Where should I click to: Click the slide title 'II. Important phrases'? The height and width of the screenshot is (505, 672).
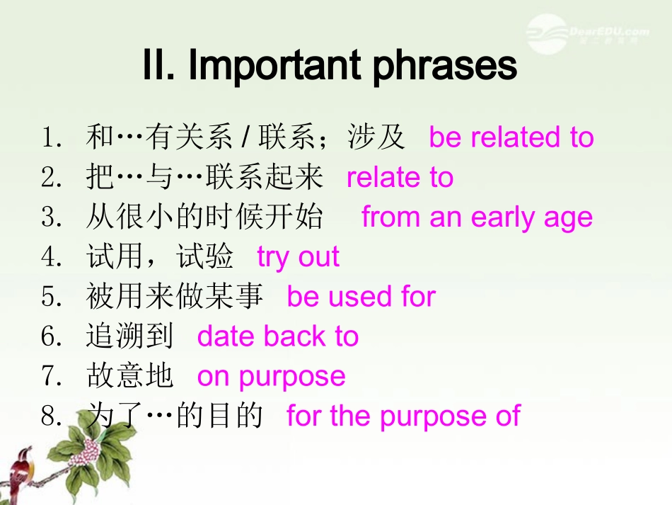(x=330, y=66)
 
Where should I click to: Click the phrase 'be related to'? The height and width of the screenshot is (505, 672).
(x=511, y=137)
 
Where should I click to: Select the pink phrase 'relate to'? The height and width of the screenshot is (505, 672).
(x=400, y=177)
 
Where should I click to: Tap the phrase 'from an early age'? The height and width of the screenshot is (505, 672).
(x=477, y=217)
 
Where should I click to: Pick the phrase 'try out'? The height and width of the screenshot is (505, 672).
(x=298, y=257)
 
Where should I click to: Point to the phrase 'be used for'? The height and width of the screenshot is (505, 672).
(x=361, y=297)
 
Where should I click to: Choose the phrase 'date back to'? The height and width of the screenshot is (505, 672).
(x=277, y=336)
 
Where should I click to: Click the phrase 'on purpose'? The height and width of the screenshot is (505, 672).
(x=271, y=376)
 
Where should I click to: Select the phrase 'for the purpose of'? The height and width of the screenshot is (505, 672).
(x=402, y=416)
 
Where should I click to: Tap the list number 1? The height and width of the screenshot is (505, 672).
(x=50, y=137)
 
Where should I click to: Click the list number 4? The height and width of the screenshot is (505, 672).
(x=50, y=257)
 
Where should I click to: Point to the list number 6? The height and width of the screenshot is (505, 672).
(x=50, y=336)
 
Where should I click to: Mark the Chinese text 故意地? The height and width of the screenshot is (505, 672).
(x=130, y=376)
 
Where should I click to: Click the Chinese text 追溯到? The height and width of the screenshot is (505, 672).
(x=130, y=336)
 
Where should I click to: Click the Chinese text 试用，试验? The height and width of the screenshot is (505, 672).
(x=159, y=257)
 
